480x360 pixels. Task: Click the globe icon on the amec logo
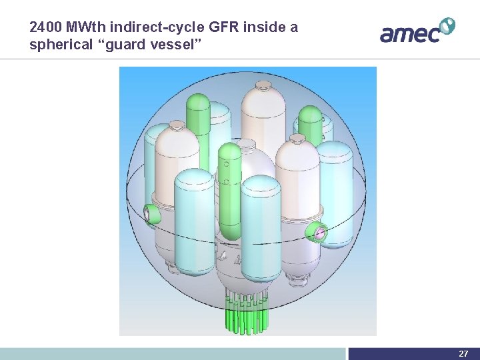(447, 26)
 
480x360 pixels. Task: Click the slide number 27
(463, 353)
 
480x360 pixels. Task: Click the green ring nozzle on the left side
(153, 214)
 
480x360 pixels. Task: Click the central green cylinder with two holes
(228, 193)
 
